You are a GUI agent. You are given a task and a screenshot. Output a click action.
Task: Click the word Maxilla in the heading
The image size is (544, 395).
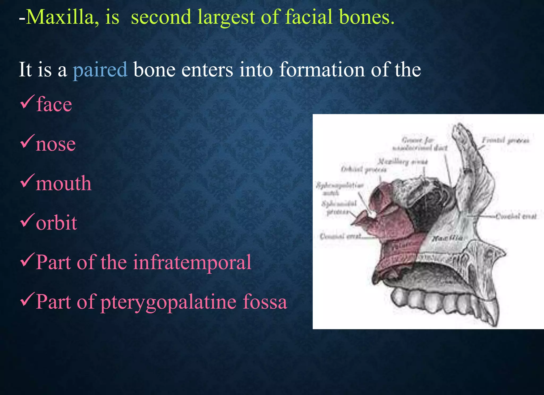point(60,17)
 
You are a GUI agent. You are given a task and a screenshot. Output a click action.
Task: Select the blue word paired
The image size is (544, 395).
point(100,70)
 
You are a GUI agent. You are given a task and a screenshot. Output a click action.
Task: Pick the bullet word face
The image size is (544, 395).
point(54,104)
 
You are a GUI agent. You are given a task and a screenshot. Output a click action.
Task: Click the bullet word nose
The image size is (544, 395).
point(56,144)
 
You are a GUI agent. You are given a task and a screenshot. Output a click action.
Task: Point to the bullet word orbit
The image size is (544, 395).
point(56,223)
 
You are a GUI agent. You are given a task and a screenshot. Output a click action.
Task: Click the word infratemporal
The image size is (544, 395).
point(192,262)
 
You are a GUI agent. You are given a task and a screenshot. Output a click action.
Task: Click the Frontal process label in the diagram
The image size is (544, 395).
point(505,140)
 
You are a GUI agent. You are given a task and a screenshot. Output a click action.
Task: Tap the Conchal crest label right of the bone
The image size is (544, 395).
point(516,216)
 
